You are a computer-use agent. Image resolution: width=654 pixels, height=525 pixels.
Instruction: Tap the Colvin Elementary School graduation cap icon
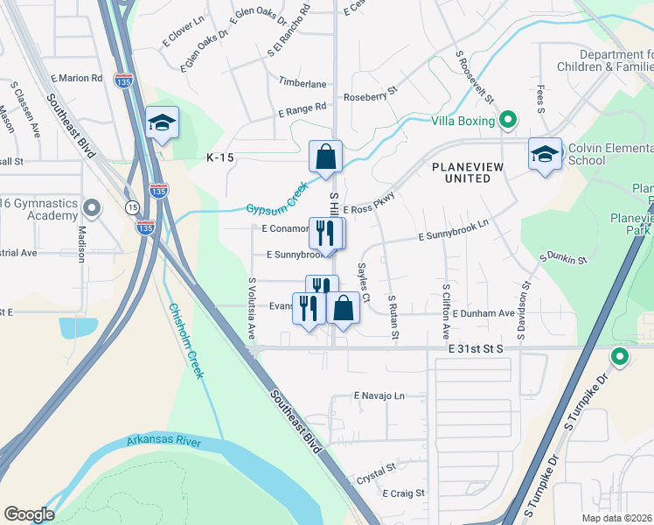(x=545, y=154)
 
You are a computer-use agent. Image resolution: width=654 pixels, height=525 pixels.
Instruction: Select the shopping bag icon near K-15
(x=325, y=157)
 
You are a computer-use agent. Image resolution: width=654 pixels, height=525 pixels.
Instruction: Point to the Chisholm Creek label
(x=186, y=340)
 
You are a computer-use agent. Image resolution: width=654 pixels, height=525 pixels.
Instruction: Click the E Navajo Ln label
(x=380, y=395)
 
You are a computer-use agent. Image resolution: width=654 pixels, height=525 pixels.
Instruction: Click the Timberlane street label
(x=303, y=83)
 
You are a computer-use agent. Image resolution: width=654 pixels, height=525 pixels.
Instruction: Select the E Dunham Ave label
(x=484, y=313)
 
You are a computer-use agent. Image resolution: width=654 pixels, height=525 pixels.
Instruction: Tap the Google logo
(x=29, y=514)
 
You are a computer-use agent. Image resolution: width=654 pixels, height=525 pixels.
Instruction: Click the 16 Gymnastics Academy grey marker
(x=94, y=209)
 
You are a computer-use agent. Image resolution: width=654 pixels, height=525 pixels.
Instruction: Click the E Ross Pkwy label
(x=369, y=208)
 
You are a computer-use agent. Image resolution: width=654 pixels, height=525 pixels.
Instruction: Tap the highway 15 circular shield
(x=132, y=206)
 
